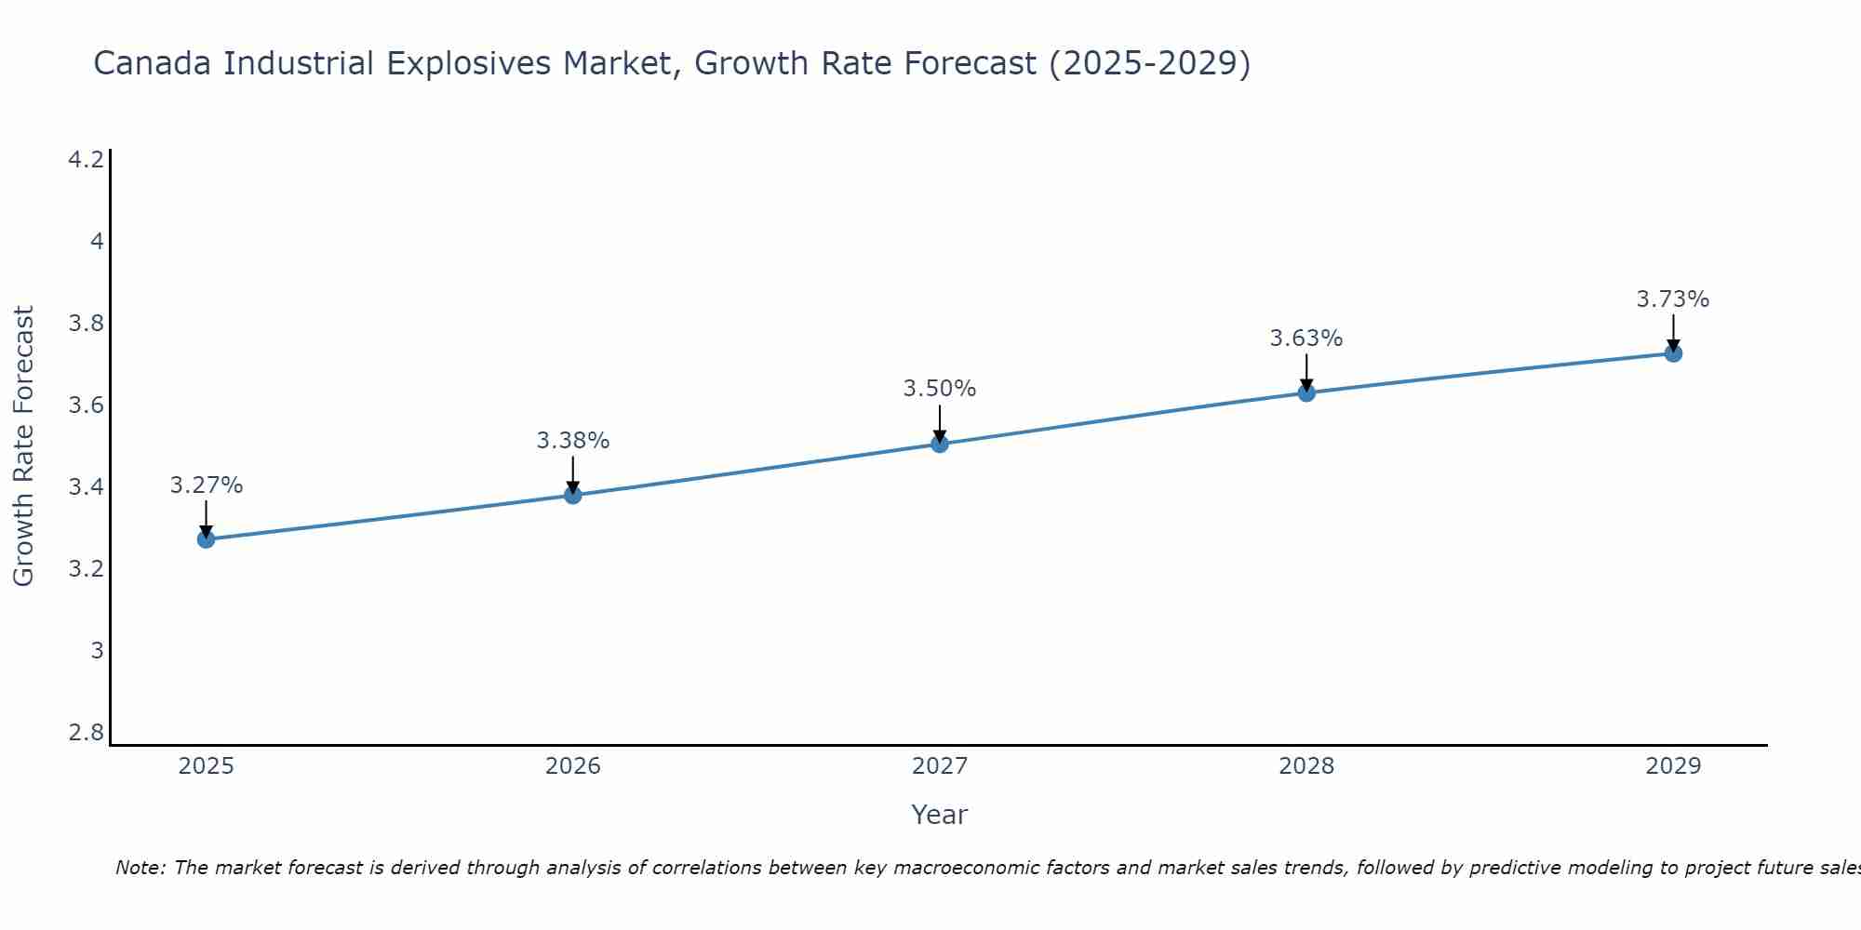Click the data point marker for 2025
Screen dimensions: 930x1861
tap(206, 539)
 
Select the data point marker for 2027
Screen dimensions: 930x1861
tap(939, 445)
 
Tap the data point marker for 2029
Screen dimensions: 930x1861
tap(1672, 353)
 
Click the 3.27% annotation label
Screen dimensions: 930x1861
tap(206, 485)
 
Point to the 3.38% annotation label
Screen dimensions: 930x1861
tap(572, 441)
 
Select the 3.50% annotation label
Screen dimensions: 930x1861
tap(939, 389)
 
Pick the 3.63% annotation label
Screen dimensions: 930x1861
tap(1305, 339)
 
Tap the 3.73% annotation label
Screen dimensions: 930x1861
tap(1672, 299)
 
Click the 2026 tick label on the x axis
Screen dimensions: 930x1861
tap(572, 766)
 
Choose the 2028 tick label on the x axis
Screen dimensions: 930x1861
tap(1305, 766)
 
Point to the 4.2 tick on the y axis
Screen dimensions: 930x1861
tap(86, 160)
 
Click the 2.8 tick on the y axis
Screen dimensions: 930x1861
tap(86, 733)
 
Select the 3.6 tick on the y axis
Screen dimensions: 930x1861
tap(86, 405)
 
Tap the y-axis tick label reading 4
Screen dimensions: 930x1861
tap(96, 242)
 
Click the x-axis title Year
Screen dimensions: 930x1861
tap(939, 815)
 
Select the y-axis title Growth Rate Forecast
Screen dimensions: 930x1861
tap(23, 446)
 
